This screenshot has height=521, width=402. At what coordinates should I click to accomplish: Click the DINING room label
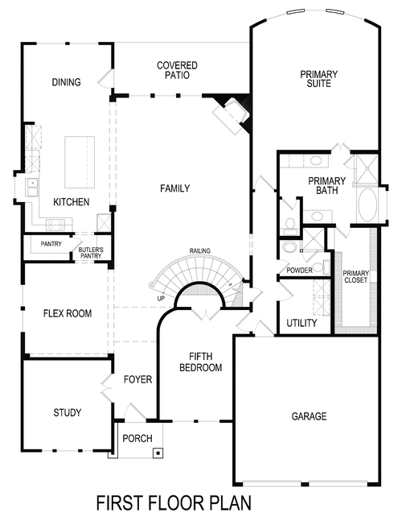click(x=67, y=81)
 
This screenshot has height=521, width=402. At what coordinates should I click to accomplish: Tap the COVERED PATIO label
click(x=178, y=70)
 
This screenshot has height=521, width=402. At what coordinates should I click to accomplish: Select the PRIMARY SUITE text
click(x=318, y=80)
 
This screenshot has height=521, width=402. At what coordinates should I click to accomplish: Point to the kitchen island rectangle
click(x=79, y=161)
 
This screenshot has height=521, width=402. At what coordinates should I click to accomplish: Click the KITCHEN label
click(x=72, y=202)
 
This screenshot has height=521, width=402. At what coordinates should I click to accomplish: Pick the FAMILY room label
click(x=174, y=188)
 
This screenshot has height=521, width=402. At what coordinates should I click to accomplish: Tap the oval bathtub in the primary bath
click(x=365, y=205)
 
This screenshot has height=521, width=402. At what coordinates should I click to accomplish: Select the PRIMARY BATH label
click(x=327, y=186)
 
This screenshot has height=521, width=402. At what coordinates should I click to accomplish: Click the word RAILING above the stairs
click(x=200, y=251)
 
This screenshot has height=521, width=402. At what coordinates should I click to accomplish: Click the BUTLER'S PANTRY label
click(x=90, y=254)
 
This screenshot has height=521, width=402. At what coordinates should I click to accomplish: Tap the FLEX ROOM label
click(x=67, y=313)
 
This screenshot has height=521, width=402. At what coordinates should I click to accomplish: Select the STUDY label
click(x=68, y=413)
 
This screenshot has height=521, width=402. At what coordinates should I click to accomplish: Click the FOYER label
click(x=137, y=379)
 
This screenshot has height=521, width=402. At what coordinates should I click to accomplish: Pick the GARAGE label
click(x=309, y=416)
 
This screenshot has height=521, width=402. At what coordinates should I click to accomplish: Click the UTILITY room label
click(x=302, y=323)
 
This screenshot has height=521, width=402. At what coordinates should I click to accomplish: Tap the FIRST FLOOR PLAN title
click(x=173, y=502)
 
